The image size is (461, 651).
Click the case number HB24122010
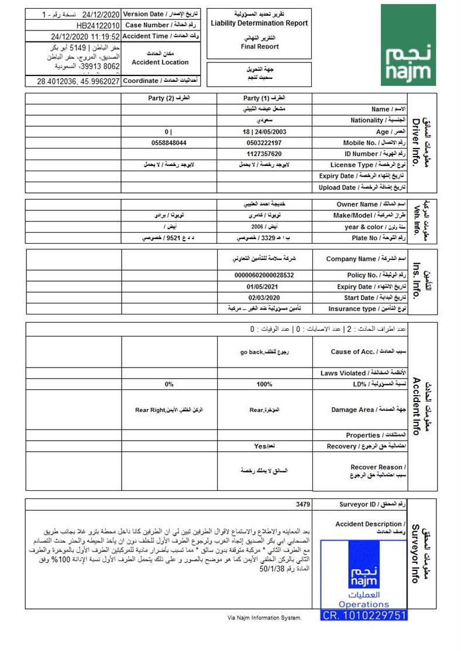(x=98, y=26)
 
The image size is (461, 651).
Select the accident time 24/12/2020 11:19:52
(x=85, y=36)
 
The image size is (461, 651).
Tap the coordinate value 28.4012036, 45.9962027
(x=78, y=81)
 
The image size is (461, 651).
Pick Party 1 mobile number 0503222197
(x=264, y=143)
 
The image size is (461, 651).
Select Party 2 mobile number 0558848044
(x=169, y=143)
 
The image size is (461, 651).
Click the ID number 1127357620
(x=264, y=154)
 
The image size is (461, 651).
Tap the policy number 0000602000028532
(x=264, y=275)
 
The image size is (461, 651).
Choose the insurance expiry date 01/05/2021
(x=264, y=286)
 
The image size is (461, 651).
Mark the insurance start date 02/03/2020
(x=264, y=297)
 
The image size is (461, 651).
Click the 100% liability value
(x=264, y=384)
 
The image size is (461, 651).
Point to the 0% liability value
(x=169, y=384)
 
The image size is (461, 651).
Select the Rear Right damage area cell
(x=169, y=410)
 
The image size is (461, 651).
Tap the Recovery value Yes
(x=264, y=446)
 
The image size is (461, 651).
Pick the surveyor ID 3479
(x=304, y=504)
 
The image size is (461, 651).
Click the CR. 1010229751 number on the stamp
(x=364, y=615)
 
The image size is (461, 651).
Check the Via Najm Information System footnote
(x=264, y=618)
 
